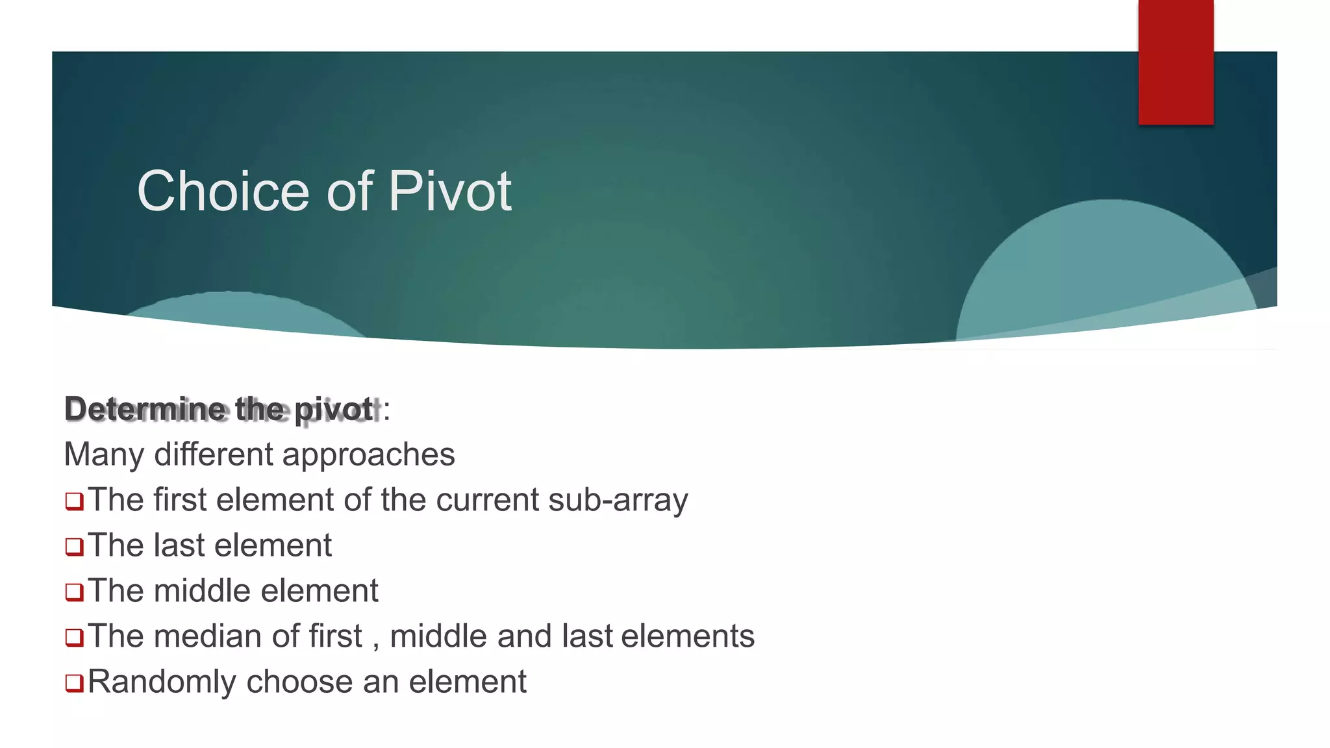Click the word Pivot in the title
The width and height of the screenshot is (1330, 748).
449,191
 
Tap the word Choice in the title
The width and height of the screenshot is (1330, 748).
223,191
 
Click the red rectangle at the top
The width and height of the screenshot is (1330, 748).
1175,62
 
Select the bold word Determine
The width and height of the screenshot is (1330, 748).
145,409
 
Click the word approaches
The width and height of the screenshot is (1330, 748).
369,455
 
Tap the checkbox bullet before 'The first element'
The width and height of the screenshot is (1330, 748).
75,501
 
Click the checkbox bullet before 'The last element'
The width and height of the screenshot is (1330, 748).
75,547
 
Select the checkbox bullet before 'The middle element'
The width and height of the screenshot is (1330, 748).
75,592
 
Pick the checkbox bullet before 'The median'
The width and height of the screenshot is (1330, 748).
75,638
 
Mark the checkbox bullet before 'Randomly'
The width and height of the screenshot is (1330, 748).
75,683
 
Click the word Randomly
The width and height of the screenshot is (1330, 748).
162,682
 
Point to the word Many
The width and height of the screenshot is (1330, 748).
104,455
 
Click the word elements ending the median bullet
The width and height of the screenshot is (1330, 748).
688,636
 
